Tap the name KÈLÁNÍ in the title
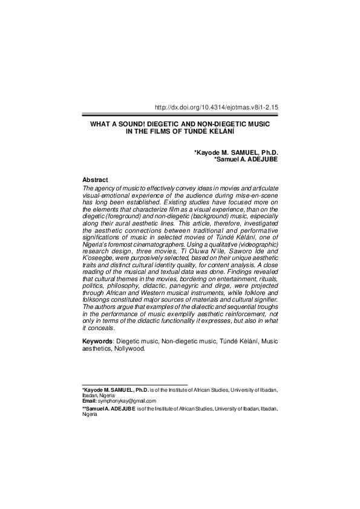click(x=220, y=131)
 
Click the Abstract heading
click(x=95, y=180)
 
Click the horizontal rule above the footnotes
click(x=134, y=385)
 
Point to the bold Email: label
click(x=89, y=401)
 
